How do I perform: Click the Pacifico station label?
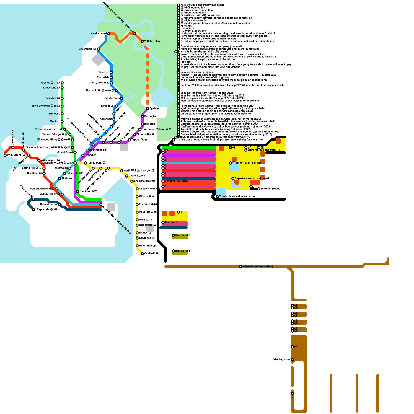pyautogui.click(x=45, y=83)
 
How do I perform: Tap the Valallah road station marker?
pyautogui.click(x=109, y=34)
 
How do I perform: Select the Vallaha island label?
pyautogui.click(x=153, y=41)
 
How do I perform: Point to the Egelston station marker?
pyautogui.click(x=147, y=109)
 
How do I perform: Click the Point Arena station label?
pyautogui.click(x=14, y=155)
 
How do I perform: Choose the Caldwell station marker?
pyautogui.click(x=142, y=254)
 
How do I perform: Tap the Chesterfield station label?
pyautogui.click(x=146, y=189)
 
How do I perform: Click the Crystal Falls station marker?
pyautogui.click(x=122, y=98)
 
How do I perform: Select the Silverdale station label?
pyautogui.click(x=86, y=49)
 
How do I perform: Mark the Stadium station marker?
pyautogui.click(x=78, y=191)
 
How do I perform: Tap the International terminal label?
pyautogui.click(x=257, y=266)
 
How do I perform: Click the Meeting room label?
pyautogui.click(x=282, y=359)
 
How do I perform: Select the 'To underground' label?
pyautogui.click(x=270, y=189)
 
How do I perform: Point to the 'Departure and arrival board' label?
pyautogui.click(x=252, y=178)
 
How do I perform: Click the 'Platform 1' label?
pyautogui.click(x=171, y=222)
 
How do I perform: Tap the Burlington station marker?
pyautogui.click(x=142, y=116)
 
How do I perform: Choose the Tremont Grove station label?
pyautogui.click(x=39, y=189)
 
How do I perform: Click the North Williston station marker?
pyautogui.click(x=122, y=171)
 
